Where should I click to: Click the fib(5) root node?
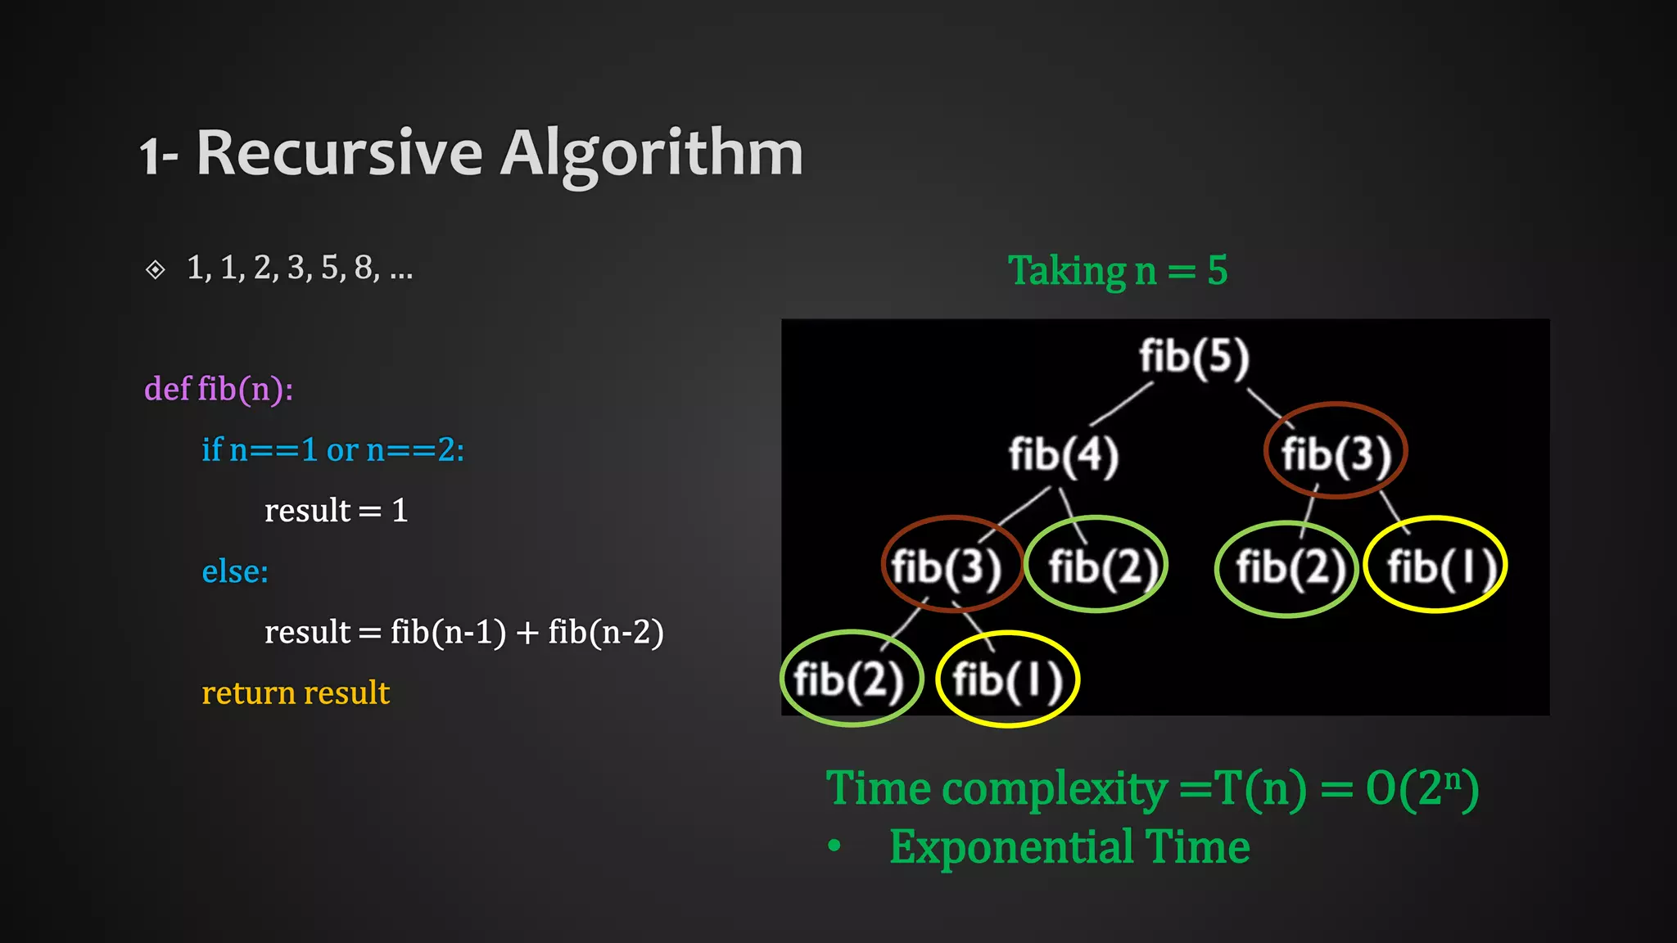1194,358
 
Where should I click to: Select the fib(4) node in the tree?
1063,455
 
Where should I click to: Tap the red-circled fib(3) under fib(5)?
1336,453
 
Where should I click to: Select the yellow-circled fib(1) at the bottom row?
1008,680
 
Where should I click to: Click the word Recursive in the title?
340,153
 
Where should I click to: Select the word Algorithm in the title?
652,153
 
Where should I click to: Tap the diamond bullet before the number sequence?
155,269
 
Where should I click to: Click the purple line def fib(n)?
219,389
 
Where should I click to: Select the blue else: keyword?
235,571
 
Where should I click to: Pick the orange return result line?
296,693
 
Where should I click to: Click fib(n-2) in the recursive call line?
606,632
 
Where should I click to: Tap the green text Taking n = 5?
1118,271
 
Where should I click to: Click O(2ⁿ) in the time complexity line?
1422,789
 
